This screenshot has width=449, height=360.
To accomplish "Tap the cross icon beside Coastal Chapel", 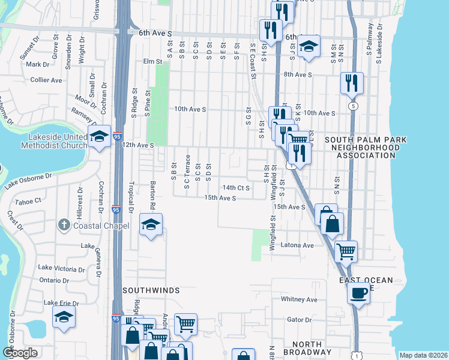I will tap(64, 226).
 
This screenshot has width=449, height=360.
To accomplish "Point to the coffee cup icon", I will tap(359, 293).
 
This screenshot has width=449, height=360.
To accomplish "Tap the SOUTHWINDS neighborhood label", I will tap(151, 290).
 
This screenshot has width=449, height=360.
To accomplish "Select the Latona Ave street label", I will tap(300, 245).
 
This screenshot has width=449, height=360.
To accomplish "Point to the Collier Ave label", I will tap(46, 80).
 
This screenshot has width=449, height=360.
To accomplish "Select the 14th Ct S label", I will tap(235, 188).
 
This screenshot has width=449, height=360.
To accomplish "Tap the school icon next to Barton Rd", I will tap(151, 225).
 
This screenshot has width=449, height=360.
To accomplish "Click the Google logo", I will tap(20, 353).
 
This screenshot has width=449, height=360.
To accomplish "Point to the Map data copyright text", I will tap(423, 355).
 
